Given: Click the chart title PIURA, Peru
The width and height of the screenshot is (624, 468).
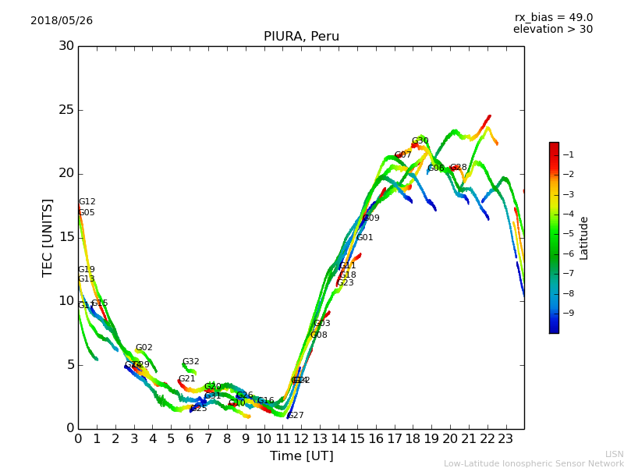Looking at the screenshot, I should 301,37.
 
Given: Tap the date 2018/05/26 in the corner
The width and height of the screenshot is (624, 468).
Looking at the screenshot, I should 62,20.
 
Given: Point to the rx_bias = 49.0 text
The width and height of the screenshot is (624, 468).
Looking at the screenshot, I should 553,17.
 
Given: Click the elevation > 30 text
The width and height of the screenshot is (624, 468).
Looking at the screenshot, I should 552,30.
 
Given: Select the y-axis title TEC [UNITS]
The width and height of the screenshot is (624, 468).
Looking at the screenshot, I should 48,237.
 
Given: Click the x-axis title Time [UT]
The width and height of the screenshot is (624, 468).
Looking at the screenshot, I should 300,456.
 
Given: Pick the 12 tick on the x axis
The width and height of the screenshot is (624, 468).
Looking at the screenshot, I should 301,438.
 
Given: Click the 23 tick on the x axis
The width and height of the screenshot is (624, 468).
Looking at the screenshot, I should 505,438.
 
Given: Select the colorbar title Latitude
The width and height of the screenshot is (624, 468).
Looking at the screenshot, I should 584,238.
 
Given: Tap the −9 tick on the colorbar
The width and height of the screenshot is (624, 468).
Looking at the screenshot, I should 569,313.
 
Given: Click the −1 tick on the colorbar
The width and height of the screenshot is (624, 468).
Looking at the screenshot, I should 569,154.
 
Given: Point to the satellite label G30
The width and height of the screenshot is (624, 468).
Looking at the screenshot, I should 420,141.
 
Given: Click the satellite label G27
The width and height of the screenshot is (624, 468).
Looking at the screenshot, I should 296,416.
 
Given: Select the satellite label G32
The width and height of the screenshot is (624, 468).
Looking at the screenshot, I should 190,362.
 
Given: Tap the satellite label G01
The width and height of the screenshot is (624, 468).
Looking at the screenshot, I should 364,238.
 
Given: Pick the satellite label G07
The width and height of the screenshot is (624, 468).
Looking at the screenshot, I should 402,155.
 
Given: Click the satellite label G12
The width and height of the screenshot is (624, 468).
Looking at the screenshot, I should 87,202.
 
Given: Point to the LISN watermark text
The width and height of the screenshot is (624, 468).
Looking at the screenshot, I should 614,454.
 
